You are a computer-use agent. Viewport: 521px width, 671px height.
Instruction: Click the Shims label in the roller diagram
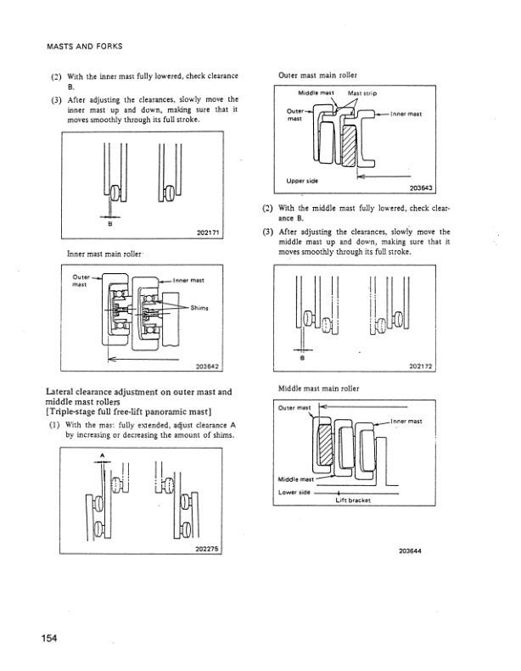[x=200, y=308]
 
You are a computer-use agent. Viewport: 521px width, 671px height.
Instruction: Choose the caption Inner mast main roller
[x=103, y=254]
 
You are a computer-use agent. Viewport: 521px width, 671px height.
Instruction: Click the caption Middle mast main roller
[x=319, y=388]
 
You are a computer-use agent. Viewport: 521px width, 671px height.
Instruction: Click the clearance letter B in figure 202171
[x=109, y=225]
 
